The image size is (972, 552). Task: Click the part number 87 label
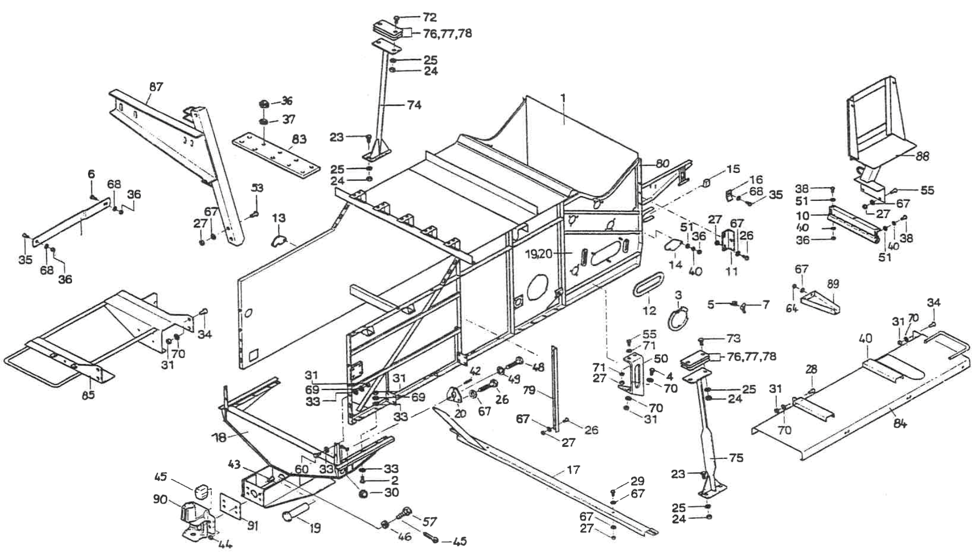coord(156,87)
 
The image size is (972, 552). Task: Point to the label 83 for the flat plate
coord(299,139)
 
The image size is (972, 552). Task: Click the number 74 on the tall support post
coord(414,105)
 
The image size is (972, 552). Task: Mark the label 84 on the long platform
coord(900,424)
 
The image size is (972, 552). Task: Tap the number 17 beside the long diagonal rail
coord(573,470)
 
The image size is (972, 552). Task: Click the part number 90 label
coord(161,500)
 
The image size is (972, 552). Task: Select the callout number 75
coord(736,458)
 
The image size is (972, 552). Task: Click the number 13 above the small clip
coord(279,219)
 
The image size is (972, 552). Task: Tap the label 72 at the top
coord(430,18)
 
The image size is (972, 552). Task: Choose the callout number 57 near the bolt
coord(430,521)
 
